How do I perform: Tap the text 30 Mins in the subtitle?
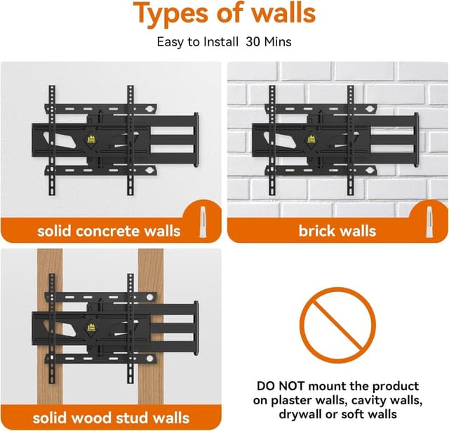[x=268, y=42]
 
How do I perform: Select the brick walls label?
[x=337, y=230]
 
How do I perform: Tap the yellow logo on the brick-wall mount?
[x=311, y=139]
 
